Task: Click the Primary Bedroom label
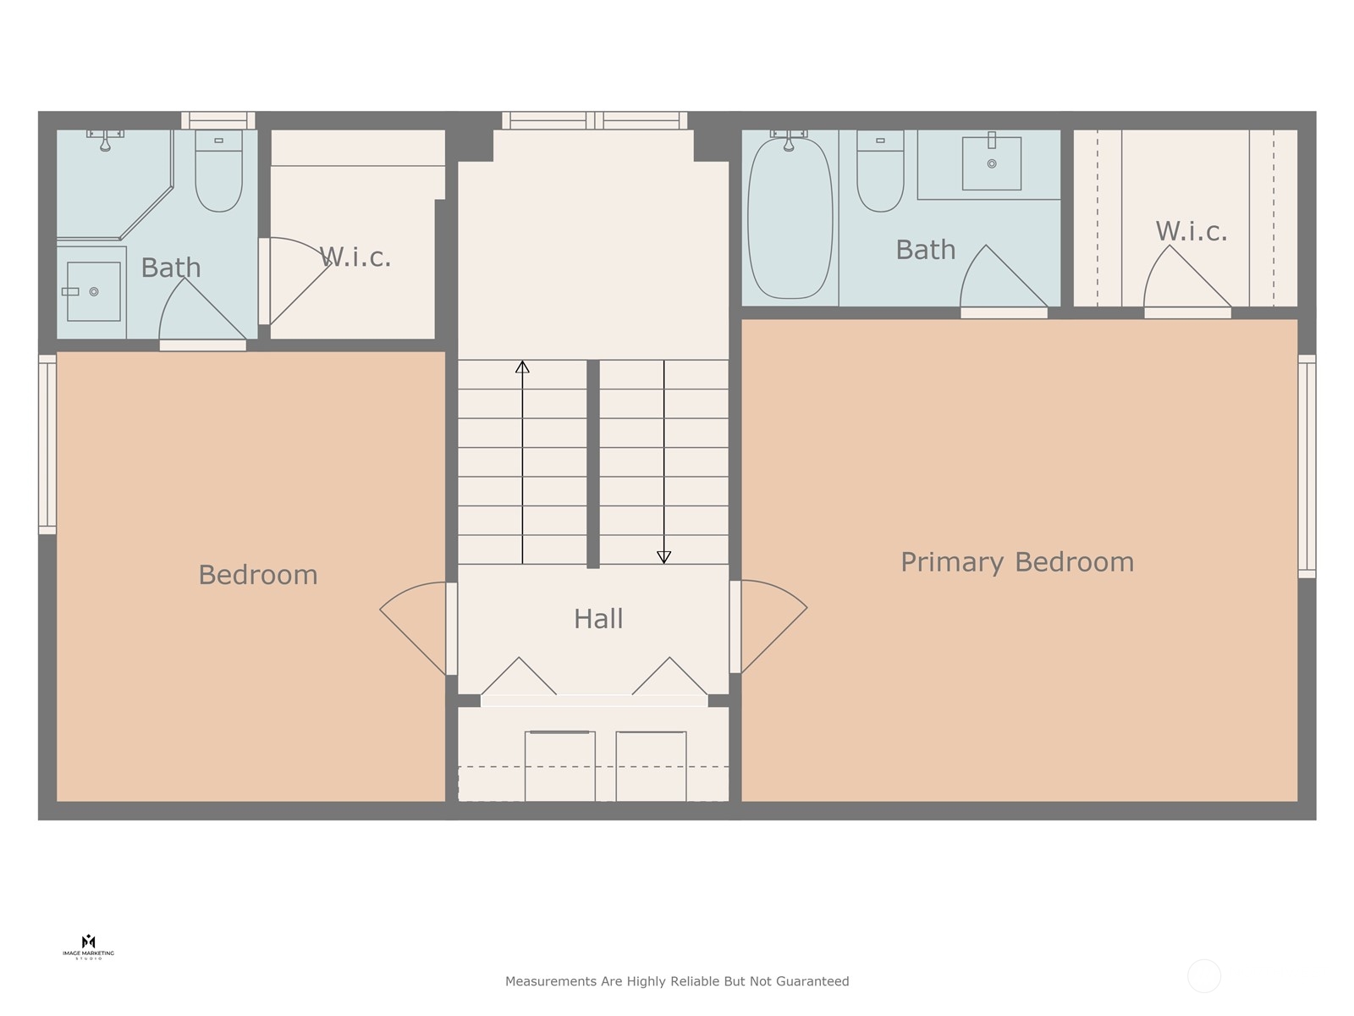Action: pyautogui.click(x=1016, y=562)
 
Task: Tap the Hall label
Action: pyautogui.click(x=598, y=619)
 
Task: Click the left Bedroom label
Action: pyautogui.click(x=258, y=575)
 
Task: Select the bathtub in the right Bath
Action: pyautogui.click(x=790, y=218)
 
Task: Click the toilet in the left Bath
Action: pyautogui.click(x=218, y=171)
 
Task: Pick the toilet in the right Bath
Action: pyautogui.click(x=880, y=171)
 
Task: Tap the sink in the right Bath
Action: pyautogui.click(x=991, y=163)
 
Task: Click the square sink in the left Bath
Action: pyautogui.click(x=93, y=291)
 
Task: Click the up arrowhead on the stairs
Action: pyautogui.click(x=522, y=367)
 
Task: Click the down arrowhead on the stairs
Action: pyautogui.click(x=663, y=557)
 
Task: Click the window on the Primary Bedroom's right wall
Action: pyautogui.click(x=1307, y=467)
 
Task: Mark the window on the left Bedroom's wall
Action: pyautogui.click(x=47, y=444)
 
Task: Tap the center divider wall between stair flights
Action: pyautogui.click(x=593, y=464)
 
